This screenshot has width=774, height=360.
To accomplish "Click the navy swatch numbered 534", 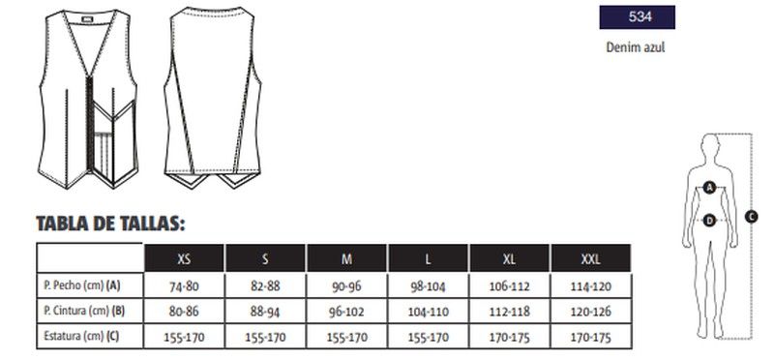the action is tap(637, 17).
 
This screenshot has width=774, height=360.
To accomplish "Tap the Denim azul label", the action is tap(636, 47).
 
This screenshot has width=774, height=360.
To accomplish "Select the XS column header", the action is tap(184, 258).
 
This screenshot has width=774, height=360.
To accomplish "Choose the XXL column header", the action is tap(590, 258).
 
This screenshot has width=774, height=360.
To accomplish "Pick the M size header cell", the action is tap(346, 258).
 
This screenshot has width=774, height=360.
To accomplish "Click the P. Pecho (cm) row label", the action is tap(82, 285).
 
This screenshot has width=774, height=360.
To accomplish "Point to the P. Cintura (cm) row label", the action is tap(84, 311).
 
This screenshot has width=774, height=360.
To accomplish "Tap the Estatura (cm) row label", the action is tap(81, 337).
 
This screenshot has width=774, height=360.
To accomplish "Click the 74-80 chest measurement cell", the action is tap(184, 286).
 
